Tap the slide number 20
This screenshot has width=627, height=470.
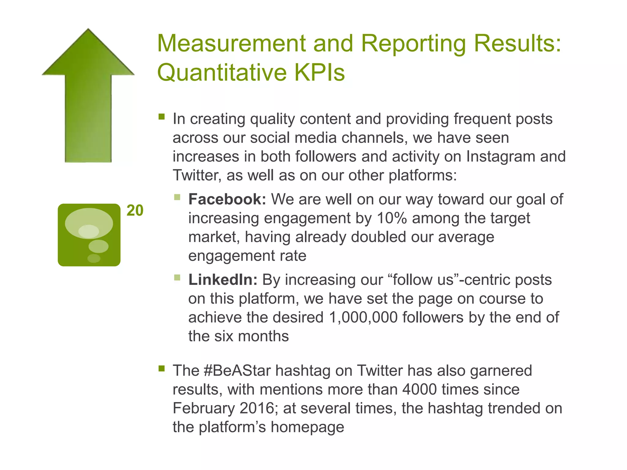(135, 211)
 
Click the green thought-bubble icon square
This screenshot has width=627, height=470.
(89, 235)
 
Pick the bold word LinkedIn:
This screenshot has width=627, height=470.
(223, 280)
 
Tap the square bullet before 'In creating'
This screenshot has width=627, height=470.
(162, 117)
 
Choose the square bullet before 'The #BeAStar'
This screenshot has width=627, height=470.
(162, 368)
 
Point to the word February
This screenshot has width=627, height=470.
(204, 408)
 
